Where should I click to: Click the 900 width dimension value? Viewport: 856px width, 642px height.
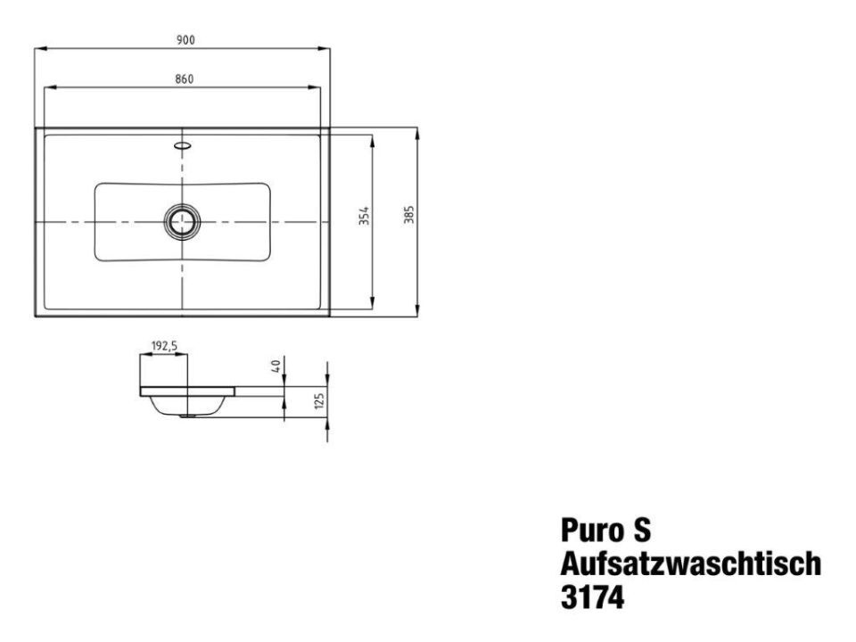185,40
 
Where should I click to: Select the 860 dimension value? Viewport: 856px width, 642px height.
184,79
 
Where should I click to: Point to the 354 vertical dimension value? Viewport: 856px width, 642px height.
364,215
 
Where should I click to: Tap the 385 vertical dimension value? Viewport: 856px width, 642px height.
409,215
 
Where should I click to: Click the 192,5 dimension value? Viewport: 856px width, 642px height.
164,346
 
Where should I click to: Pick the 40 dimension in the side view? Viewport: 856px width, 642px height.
276,366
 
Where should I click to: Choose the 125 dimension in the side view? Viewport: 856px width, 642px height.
320,400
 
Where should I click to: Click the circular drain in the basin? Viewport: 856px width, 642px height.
182,222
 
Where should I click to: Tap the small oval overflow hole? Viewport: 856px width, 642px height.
182,145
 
